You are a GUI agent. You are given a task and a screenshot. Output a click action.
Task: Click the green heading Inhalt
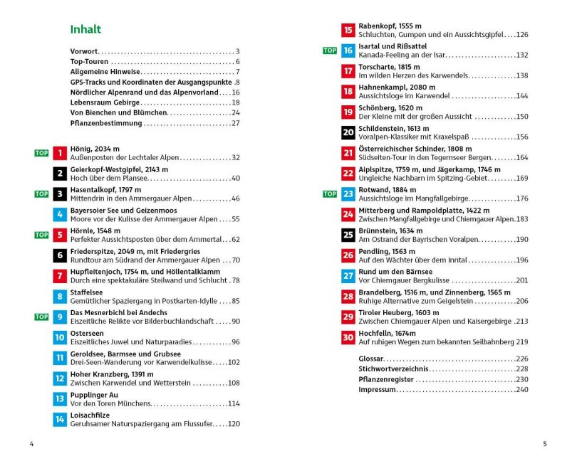click(85, 29)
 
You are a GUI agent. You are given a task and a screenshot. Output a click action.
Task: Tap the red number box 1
click(60, 153)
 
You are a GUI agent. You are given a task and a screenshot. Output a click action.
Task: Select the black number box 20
click(348, 132)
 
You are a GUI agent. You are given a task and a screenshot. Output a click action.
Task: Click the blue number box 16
click(348, 51)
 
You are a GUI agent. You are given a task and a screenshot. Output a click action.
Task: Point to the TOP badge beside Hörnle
click(42, 235)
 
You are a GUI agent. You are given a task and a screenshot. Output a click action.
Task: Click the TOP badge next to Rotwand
click(330, 194)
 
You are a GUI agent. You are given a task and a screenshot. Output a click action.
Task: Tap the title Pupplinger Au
click(94, 395)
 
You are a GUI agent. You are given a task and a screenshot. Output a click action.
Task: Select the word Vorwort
click(84, 51)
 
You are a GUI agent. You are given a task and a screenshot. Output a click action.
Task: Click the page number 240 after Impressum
click(522, 389)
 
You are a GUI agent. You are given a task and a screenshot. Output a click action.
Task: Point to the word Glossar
click(372, 359)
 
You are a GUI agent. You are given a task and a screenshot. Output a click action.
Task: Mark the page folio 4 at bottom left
click(31, 444)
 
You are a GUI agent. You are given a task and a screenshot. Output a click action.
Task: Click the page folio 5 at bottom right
click(545, 444)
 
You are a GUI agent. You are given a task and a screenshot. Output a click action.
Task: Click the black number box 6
click(60, 255)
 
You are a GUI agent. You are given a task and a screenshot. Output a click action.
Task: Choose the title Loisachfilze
click(90, 415)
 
